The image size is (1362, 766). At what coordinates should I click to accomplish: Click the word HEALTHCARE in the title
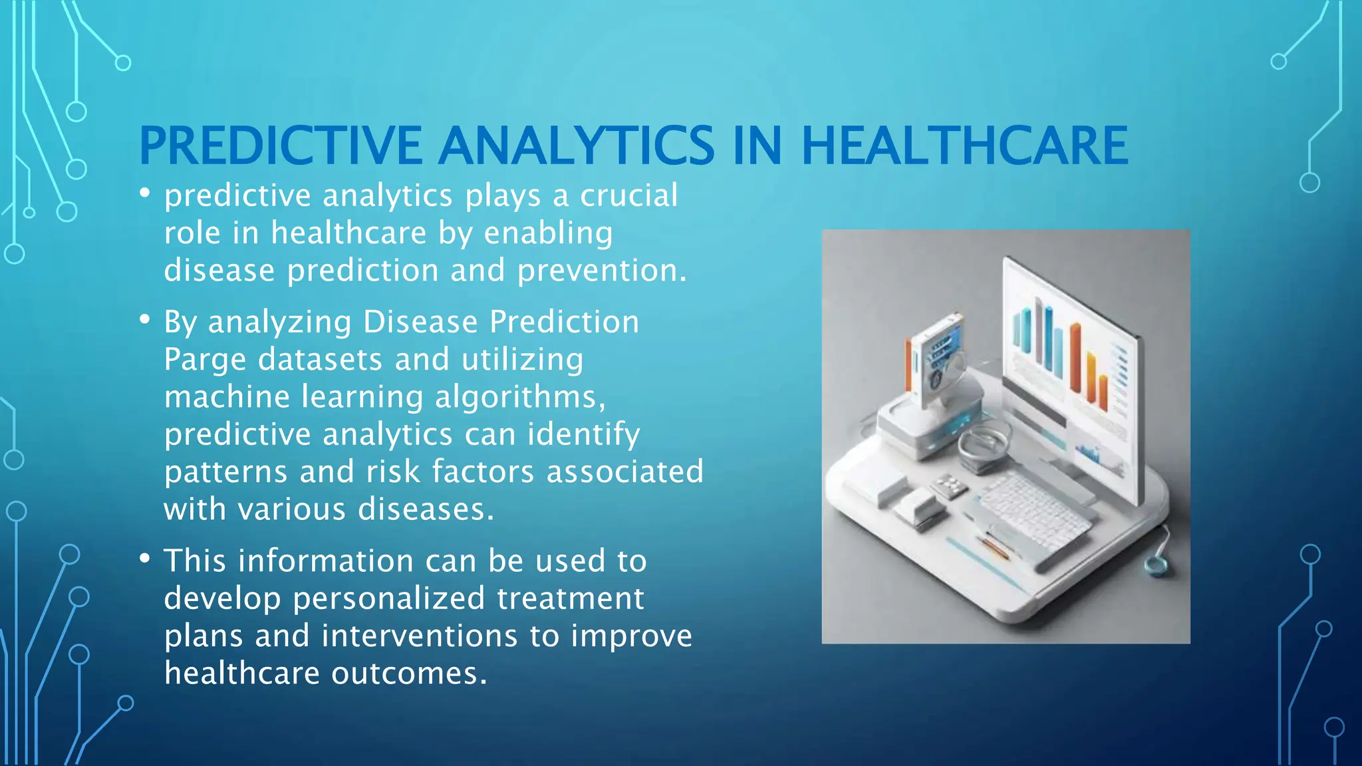[964, 146]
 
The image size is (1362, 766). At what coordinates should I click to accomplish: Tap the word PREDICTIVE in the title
[280, 146]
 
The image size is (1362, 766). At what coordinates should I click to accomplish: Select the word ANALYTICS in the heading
[576, 146]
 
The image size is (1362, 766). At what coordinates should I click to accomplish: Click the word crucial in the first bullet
[628, 196]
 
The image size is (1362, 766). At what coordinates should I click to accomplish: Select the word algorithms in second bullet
[519, 398]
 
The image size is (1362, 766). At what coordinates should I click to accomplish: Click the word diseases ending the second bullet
[426, 510]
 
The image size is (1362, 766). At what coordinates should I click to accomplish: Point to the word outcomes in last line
[409, 674]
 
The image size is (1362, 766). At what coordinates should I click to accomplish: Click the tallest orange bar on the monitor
[1075, 359]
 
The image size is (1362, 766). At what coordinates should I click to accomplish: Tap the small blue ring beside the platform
[1155, 566]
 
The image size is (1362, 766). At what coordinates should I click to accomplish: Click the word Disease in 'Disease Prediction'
[420, 322]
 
